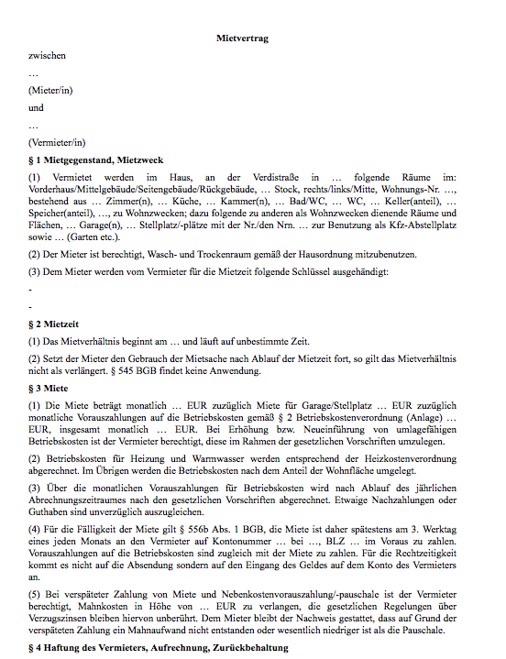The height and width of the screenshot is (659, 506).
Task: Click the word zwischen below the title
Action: click(x=48, y=55)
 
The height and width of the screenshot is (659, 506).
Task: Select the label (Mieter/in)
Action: click(x=57, y=90)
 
